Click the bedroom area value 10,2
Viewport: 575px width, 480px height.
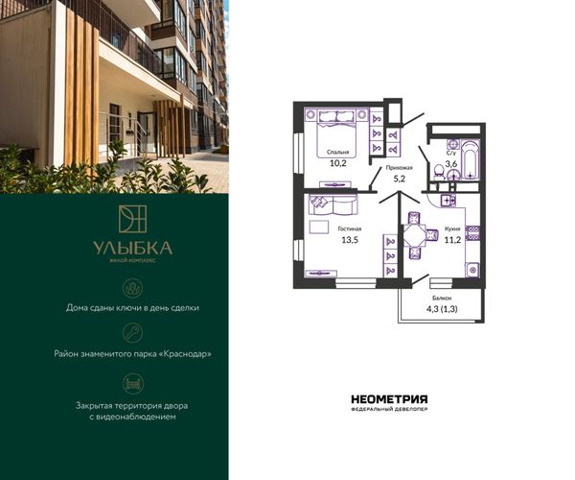[x=337, y=163]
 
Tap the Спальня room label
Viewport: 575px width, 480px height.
[x=337, y=152]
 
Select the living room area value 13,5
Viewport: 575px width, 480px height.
[x=350, y=240]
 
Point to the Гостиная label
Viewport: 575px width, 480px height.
[x=350, y=228]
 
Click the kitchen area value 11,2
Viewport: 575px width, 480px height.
[x=452, y=240]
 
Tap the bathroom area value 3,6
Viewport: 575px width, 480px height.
[x=451, y=164]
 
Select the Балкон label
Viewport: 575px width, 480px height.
[x=442, y=299]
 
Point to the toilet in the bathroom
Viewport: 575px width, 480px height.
[x=439, y=172]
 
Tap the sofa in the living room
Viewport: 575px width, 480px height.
[x=333, y=204]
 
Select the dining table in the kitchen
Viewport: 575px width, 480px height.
[x=414, y=235]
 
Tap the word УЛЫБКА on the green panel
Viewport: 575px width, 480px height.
[x=133, y=249]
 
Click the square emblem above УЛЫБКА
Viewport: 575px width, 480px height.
[x=133, y=219]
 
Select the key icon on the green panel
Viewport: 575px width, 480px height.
[x=133, y=333]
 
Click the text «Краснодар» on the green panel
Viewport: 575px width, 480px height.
[x=186, y=354]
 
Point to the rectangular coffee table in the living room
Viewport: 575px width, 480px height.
[x=319, y=227]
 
